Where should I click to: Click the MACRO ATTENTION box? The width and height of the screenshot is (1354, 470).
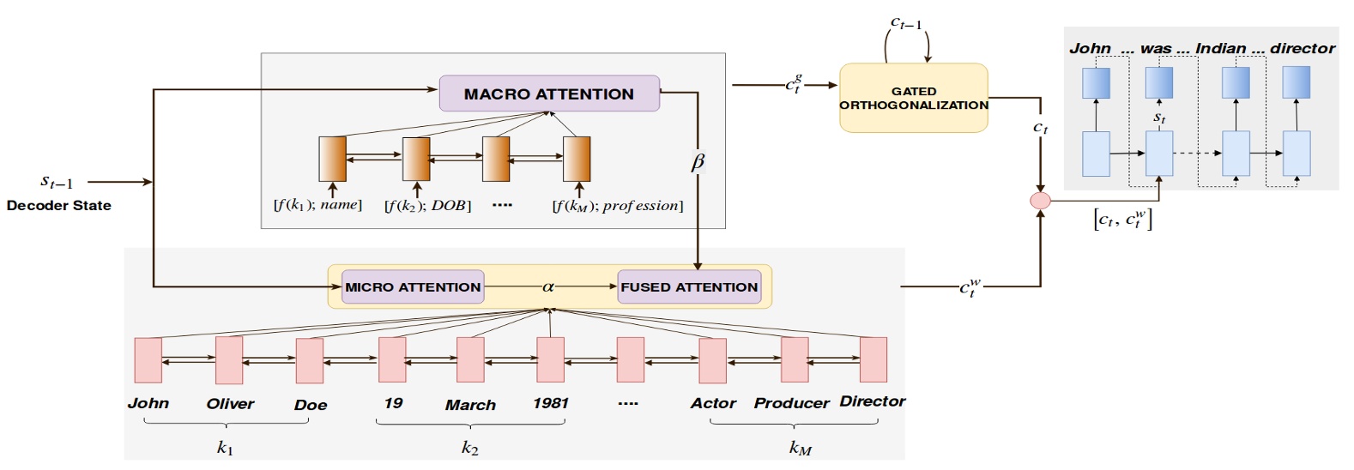coord(549,94)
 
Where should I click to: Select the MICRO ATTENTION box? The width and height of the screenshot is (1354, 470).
coord(413,287)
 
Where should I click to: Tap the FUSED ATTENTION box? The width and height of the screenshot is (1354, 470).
coord(689,287)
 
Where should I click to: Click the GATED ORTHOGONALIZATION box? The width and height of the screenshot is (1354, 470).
coord(913,98)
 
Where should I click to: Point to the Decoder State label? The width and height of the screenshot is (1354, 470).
coord(59,206)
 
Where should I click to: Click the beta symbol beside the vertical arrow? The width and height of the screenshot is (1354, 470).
coord(698,162)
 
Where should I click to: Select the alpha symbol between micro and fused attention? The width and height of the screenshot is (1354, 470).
coord(548,287)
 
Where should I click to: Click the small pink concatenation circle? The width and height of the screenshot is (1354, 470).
coord(1040,201)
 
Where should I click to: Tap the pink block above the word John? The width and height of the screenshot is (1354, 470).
coord(148,360)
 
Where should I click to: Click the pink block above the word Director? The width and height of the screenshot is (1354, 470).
coord(873,359)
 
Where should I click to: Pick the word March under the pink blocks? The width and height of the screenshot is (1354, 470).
coord(470,405)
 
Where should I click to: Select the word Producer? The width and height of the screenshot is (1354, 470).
coord(791,403)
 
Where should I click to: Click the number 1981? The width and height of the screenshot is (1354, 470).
coord(551,403)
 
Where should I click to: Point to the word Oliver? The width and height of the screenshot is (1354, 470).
coord(230,404)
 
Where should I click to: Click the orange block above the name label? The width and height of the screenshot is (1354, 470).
coord(332,159)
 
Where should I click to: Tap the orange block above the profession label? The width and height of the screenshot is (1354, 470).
coord(577,159)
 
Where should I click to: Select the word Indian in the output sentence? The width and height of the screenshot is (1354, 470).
coord(1220,48)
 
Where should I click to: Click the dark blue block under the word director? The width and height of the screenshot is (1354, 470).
coord(1296,82)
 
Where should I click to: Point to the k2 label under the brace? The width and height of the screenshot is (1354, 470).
coord(469,448)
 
